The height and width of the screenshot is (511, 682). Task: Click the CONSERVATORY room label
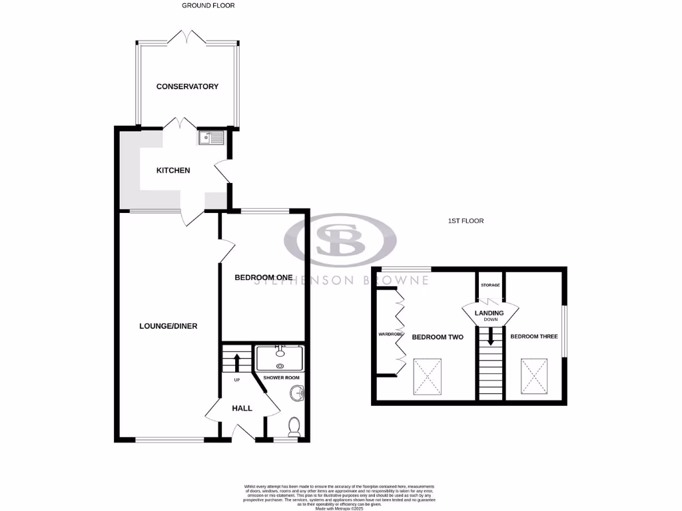point(187,86)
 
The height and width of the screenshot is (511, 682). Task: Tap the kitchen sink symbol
point(212,138)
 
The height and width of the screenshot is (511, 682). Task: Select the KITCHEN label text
point(173,170)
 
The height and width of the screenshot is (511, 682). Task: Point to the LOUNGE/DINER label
point(169,326)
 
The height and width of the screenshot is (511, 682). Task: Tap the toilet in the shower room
point(294,425)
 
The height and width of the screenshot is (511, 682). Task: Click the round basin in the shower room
point(296,395)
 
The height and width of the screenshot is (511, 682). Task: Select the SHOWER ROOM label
point(282,377)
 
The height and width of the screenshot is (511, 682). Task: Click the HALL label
point(242,408)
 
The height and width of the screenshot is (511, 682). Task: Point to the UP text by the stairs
point(236,380)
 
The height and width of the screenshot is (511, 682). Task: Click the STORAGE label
point(490,285)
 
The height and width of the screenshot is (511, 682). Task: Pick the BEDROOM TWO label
point(438,337)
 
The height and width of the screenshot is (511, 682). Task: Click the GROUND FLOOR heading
point(208,5)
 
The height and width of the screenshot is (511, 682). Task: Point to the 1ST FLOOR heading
point(465,221)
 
